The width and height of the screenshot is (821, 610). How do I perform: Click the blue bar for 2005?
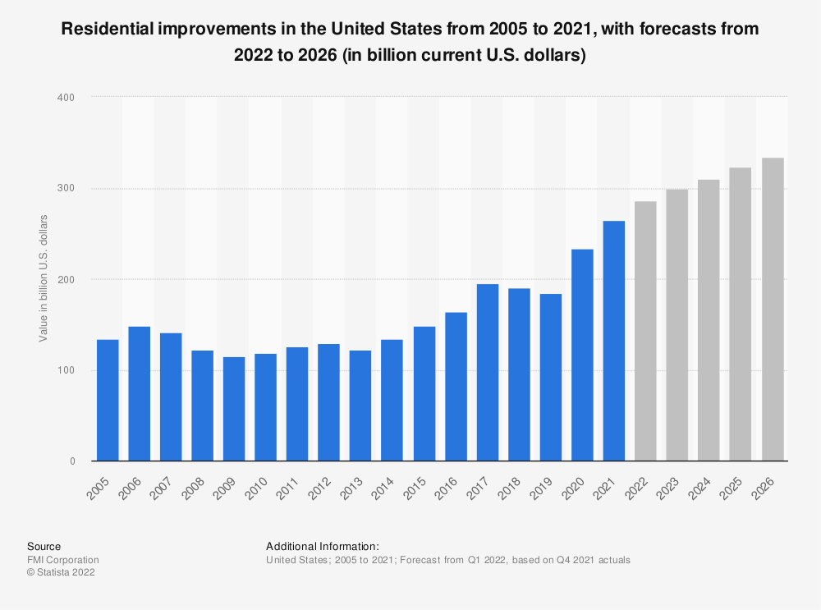coord(108,400)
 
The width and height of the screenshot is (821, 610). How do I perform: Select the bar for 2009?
coord(234,409)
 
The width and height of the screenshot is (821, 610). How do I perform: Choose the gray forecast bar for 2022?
coord(645,331)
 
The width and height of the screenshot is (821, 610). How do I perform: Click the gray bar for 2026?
coord(772,310)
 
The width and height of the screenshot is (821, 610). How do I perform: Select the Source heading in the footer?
coord(44,546)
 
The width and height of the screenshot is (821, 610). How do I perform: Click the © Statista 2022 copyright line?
coord(61,573)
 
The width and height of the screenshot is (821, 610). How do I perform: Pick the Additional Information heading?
coord(322,546)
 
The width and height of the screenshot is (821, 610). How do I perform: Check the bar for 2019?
coord(551,377)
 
